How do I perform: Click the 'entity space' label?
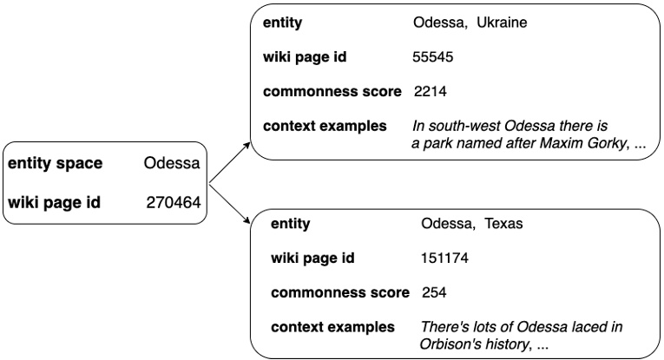[56, 163]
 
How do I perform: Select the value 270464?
[174, 203]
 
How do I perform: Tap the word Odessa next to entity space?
[173, 163]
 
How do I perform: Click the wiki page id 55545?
[433, 57]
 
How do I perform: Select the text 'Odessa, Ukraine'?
[470, 23]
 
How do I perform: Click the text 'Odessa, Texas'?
[472, 224]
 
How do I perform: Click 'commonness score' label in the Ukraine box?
[332, 92]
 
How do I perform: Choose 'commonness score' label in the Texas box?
[339, 292]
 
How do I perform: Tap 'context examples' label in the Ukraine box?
[325, 126]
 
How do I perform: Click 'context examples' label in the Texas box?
[332, 327]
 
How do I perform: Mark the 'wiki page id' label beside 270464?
[54, 203]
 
